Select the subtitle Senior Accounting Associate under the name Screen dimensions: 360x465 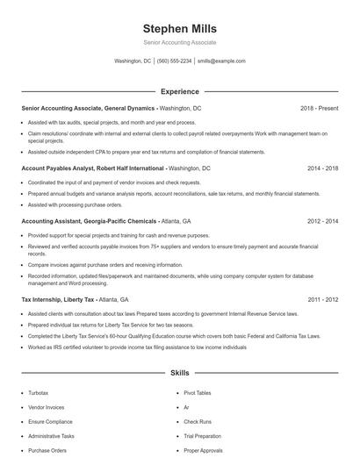pyautogui.click(x=179, y=42)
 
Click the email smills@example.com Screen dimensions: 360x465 pyautogui.click(x=221, y=61)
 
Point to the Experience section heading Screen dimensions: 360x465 pyautogui.click(x=179, y=91)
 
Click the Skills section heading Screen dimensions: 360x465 pyautogui.click(x=179, y=372)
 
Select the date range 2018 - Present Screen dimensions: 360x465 pyautogui.click(x=319, y=108)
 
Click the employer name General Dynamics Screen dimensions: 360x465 pyautogui.click(x=130, y=108)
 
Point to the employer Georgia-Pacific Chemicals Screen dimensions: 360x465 pyautogui.click(x=108, y=222)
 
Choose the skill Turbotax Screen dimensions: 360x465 pyautogui.click(x=39, y=393)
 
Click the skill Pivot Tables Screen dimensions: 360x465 pyautogui.click(x=198, y=393)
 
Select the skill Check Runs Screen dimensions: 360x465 pyautogui.click(x=197, y=422)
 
